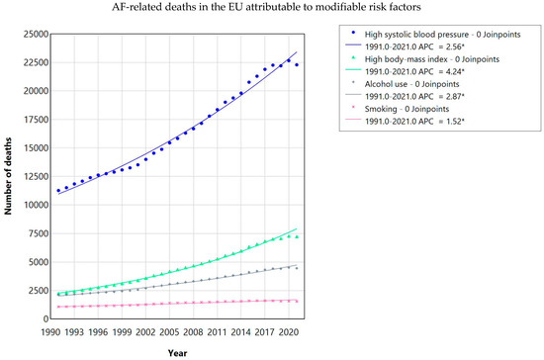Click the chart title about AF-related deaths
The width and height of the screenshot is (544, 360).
coord(266,7)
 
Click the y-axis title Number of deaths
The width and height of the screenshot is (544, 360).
coord(8,176)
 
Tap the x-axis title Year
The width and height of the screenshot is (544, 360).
coord(178,353)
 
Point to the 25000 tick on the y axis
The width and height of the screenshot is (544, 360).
coord(36,34)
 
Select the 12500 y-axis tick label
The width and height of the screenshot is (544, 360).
coord(36,176)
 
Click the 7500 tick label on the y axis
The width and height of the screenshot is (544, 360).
coord(39,233)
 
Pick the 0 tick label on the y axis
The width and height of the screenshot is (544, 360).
coord(45,318)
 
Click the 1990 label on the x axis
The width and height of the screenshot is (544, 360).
coord(50,332)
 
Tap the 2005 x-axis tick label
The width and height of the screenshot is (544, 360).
coord(170,332)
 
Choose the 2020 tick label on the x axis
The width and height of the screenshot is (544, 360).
coord(289,332)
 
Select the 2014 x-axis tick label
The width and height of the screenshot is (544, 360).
coord(241,332)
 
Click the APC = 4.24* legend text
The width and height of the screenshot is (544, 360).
coord(414,72)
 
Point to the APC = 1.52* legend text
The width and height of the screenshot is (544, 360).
coord(414,122)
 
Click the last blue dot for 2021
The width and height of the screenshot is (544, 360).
coord(297,65)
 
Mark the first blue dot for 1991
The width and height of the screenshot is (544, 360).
coord(58,191)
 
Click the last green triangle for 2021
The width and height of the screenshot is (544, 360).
coord(297,237)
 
